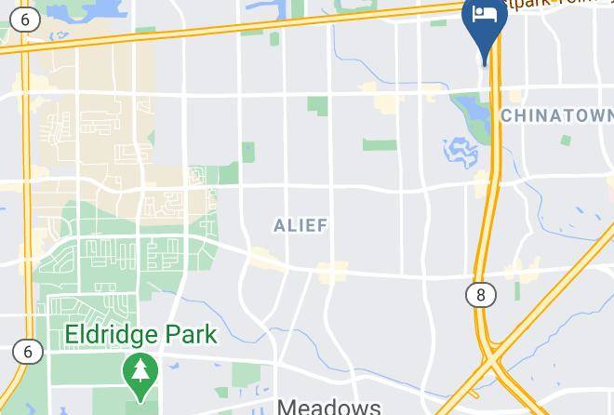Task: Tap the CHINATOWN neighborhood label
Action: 556,115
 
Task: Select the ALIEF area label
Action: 300,225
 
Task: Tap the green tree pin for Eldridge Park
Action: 141,374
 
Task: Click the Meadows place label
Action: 329,407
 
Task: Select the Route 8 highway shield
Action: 480,295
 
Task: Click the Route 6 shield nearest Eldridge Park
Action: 28,351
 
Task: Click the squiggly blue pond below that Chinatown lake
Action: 460,149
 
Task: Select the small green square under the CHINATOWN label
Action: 566,140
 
